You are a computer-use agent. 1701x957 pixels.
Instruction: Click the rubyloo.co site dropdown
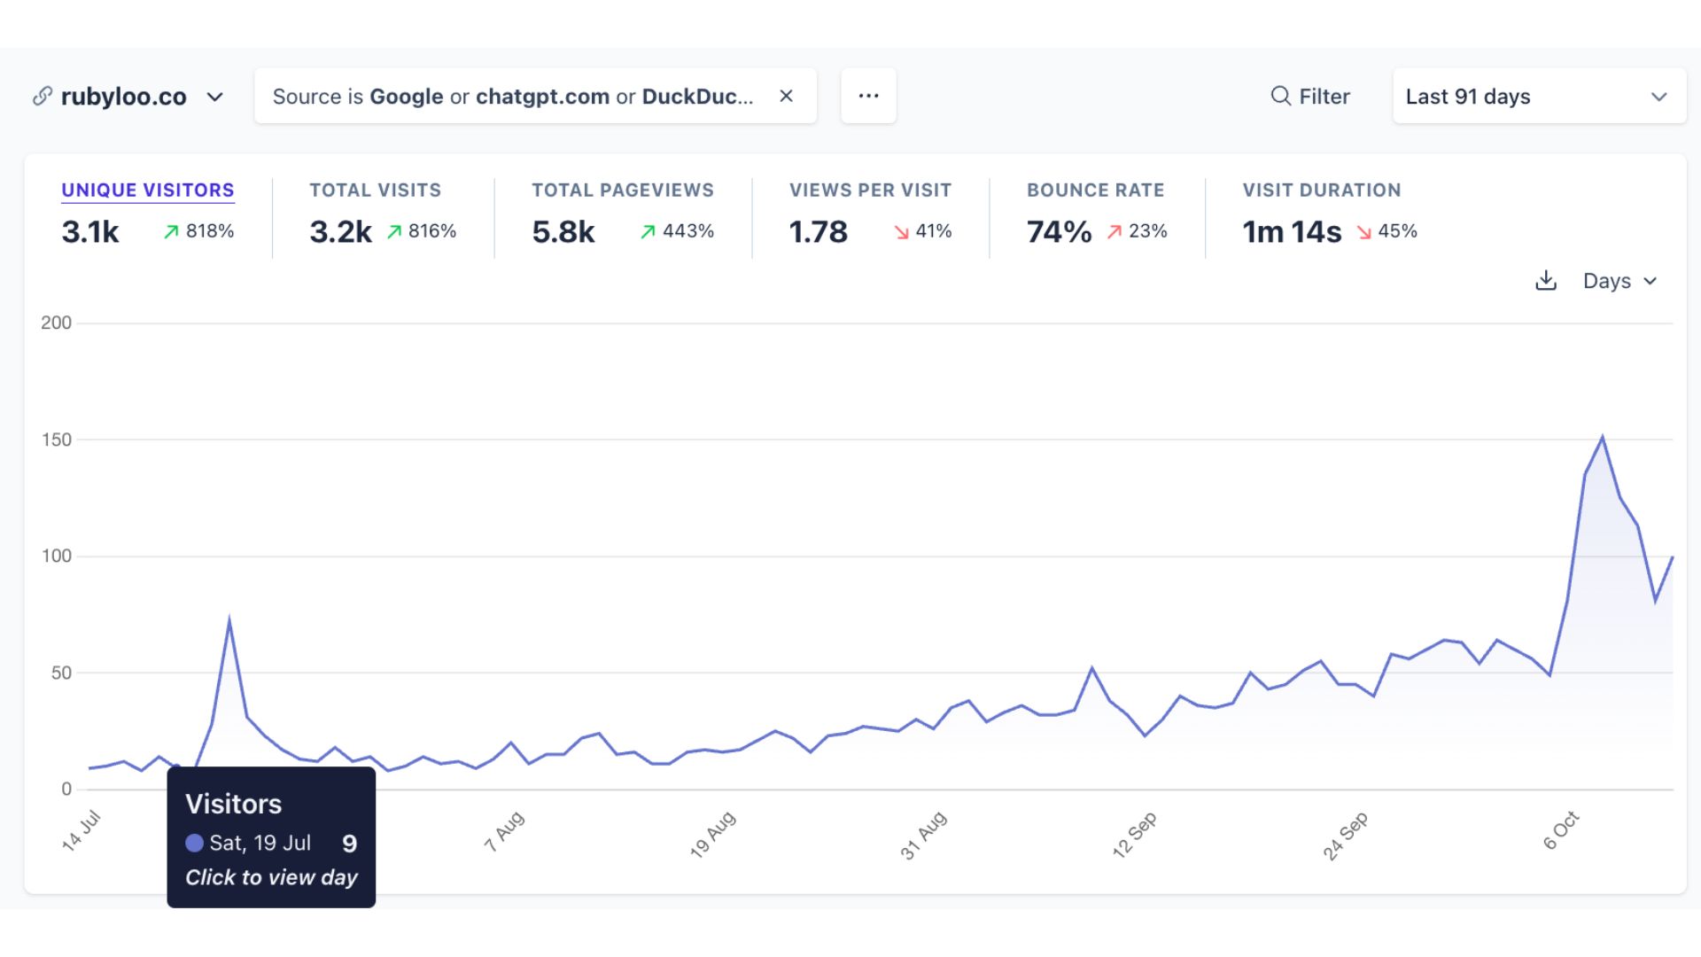[129, 97]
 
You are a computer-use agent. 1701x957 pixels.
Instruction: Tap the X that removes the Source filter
[786, 96]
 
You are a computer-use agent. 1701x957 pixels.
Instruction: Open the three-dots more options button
[868, 96]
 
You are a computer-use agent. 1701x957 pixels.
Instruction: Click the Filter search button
[1310, 97]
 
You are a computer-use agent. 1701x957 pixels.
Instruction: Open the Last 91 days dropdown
[1538, 97]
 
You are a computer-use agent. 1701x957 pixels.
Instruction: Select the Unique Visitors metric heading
[148, 191]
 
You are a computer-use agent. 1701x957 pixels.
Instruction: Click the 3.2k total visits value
[340, 232]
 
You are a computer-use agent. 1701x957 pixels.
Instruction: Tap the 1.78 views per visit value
[818, 232]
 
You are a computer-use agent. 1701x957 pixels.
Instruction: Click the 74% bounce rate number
[1059, 232]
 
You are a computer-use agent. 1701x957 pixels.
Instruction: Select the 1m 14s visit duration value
[1291, 232]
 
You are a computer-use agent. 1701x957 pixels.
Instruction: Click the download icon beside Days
[1545, 281]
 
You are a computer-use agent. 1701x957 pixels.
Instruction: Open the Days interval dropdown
[1619, 281]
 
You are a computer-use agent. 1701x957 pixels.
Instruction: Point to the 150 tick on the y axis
[57, 440]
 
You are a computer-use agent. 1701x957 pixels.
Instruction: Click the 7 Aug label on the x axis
[504, 831]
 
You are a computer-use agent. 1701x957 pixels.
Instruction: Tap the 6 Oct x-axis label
[1561, 830]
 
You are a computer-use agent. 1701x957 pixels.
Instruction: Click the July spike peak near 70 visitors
[229, 621]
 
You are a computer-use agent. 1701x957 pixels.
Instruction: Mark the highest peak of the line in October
[1603, 437]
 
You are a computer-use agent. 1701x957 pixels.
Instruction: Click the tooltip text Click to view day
[271, 877]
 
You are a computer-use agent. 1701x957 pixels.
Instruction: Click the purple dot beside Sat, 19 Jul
[194, 844]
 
